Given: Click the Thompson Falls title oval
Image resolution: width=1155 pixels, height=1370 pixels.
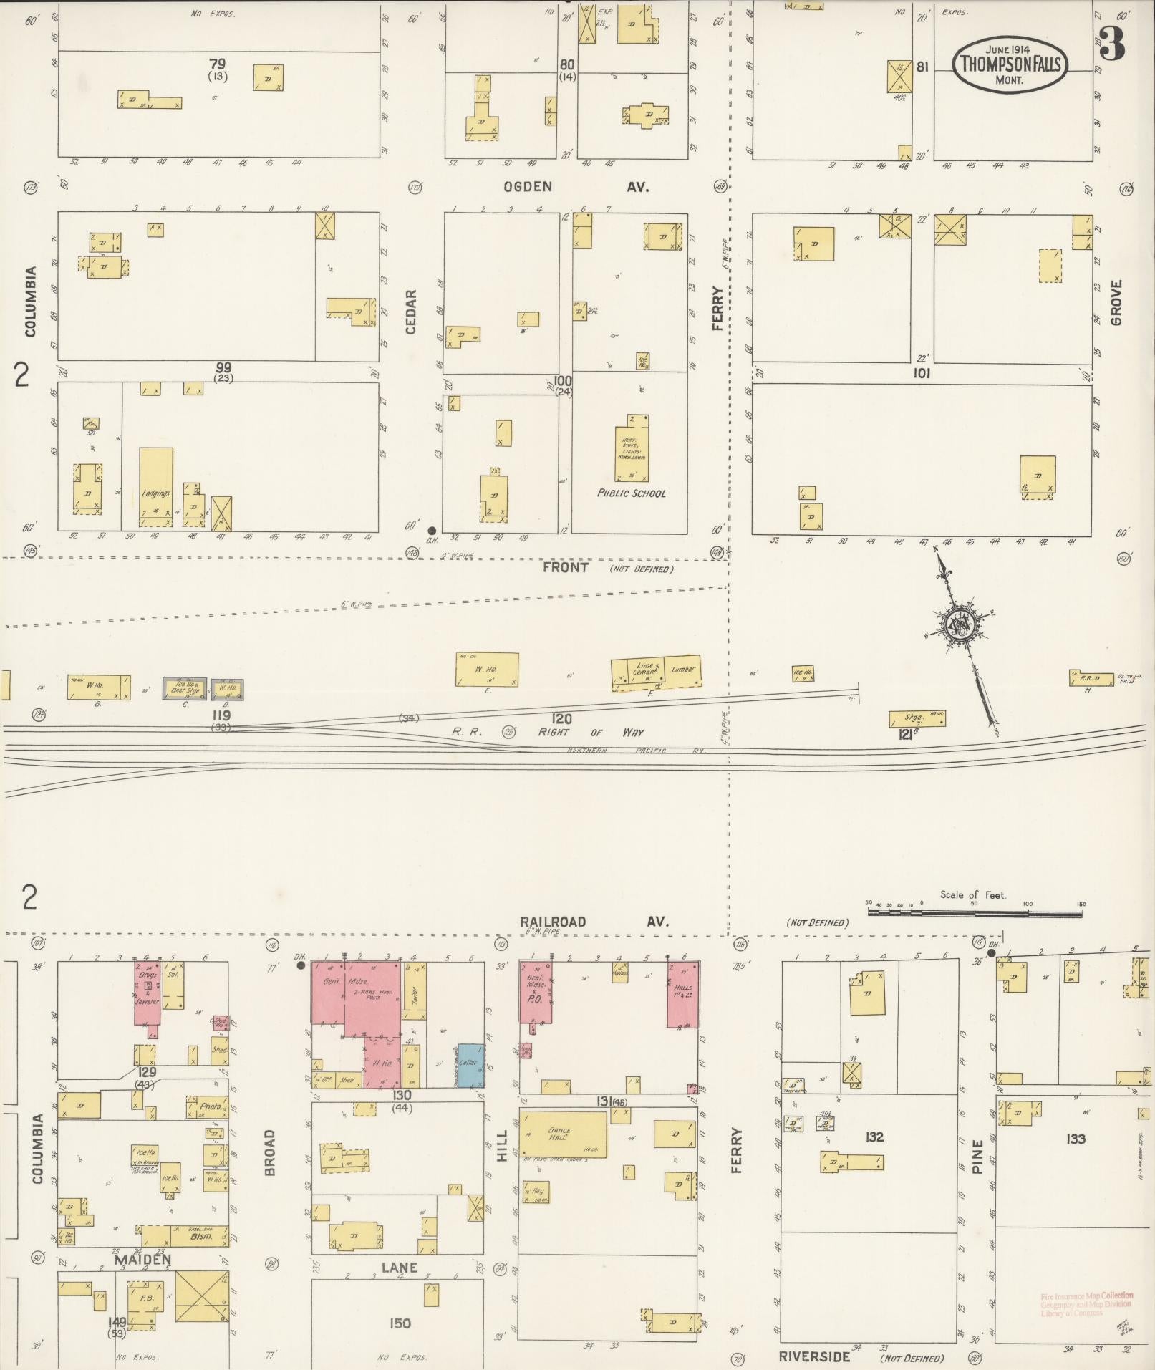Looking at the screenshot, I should point(1010,64).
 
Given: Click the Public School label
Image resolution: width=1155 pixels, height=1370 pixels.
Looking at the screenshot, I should point(631,493).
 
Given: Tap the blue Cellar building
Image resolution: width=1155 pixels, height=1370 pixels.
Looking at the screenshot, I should point(470,1065).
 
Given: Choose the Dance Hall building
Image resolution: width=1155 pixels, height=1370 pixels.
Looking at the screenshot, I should point(563,1133).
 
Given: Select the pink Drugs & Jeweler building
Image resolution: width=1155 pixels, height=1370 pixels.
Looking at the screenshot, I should point(148,993).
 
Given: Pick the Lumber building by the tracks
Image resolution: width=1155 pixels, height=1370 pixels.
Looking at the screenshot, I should point(682,671).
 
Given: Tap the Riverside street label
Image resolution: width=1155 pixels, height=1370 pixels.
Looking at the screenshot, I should point(815,1356).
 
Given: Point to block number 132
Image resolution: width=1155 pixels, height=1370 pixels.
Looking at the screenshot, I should point(874,1137).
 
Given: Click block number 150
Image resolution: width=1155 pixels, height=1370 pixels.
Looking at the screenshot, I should point(400,1323).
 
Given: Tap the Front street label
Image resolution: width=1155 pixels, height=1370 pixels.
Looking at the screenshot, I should point(566,567).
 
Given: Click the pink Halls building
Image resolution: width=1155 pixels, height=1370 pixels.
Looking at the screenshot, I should point(682,994).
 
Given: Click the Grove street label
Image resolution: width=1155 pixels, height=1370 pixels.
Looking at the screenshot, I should point(1116,302).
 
